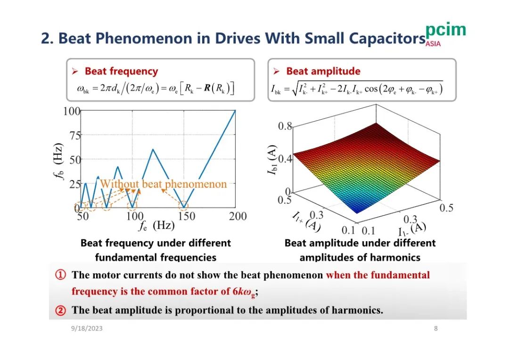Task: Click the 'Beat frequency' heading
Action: (x=121, y=71)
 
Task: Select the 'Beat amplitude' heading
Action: (x=323, y=71)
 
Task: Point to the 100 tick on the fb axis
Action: (x=72, y=111)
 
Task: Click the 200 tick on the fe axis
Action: (x=238, y=216)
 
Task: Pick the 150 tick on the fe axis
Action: (x=186, y=216)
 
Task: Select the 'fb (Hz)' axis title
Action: (x=57, y=160)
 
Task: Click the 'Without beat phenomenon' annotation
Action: (x=164, y=184)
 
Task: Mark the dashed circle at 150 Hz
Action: (x=184, y=205)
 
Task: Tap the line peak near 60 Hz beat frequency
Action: (x=153, y=149)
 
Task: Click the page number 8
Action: (x=435, y=328)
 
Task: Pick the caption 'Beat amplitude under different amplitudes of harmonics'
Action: (x=360, y=250)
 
